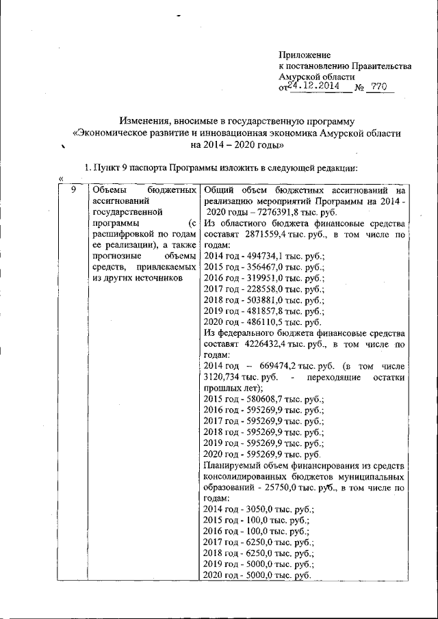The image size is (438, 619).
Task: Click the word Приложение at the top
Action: pos(305,54)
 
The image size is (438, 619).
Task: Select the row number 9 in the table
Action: pos(74,189)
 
